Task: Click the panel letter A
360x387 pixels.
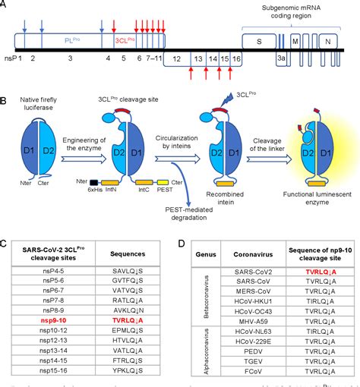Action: [5, 5]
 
